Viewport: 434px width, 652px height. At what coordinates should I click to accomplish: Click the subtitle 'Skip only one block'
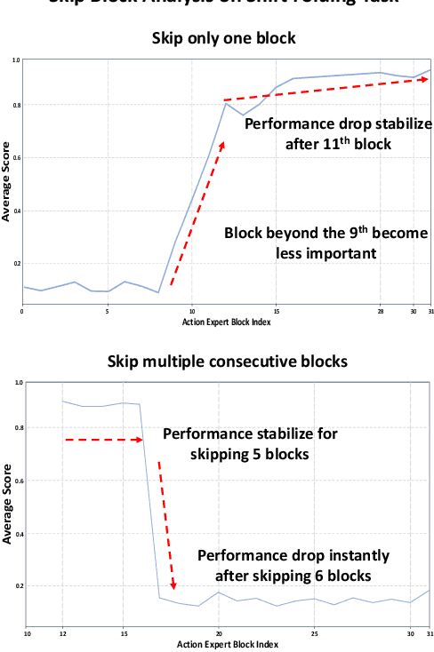click(x=224, y=38)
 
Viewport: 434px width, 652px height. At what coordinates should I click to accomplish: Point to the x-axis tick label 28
click(x=381, y=311)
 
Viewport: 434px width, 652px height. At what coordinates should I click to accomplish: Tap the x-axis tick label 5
click(x=108, y=311)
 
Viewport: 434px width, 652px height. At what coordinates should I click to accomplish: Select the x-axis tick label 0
click(x=22, y=311)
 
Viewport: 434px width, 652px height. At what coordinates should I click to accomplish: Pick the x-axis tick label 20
click(x=219, y=632)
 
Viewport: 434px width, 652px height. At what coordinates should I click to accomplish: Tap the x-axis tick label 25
click(x=315, y=632)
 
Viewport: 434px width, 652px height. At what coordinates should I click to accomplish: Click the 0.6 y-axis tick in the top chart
click(x=16, y=158)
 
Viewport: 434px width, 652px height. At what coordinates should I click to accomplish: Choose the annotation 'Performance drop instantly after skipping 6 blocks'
click(x=293, y=565)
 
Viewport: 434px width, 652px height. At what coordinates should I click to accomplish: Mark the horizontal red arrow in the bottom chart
click(x=103, y=440)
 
